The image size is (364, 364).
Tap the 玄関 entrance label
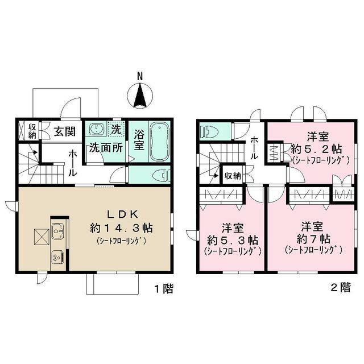click(65, 132)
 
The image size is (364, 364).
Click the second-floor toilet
click(208, 132)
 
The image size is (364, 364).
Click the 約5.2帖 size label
click(316, 149)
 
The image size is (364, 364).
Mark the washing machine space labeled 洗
click(116, 129)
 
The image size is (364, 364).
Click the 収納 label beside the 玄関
click(32, 131)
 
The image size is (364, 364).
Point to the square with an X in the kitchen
click(40, 236)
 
